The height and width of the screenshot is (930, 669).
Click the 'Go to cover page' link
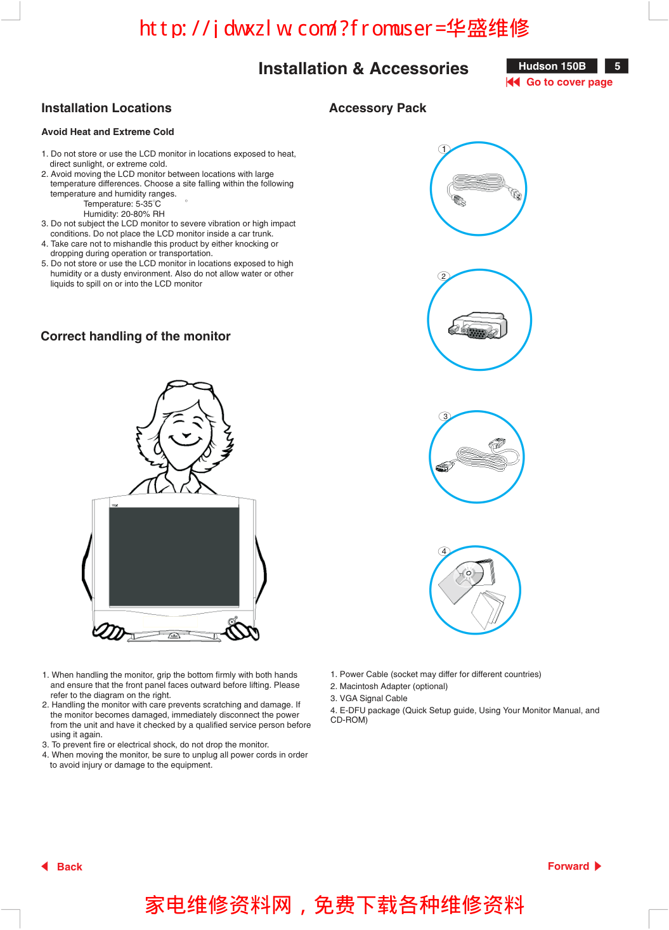pyautogui.click(x=569, y=82)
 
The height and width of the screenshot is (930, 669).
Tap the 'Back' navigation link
pyautogui.click(x=69, y=867)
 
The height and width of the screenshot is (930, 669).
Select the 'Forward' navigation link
pyautogui.click(x=568, y=866)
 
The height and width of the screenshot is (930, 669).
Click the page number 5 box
pyautogui.click(x=616, y=67)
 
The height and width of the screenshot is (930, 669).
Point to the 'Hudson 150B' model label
pyautogui.click(x=552, y=67)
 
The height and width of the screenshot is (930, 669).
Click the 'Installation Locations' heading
pyautogui.click(x=107, y=108)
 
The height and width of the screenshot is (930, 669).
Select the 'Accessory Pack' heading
pyautogui.click(x=377, y=108)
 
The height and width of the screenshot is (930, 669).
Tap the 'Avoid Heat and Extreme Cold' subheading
pyautogui.click(x=108, y=132)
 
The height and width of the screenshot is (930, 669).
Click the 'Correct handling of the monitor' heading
pyautogui.click(x=136, y=337)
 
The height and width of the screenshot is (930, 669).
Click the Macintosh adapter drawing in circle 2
pyautogui.click(x=479, y=325)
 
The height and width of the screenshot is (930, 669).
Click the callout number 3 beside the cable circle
pyautogui.click(x=445, y=417)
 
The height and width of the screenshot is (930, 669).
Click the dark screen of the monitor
pyautogui.click(x=174, y=556)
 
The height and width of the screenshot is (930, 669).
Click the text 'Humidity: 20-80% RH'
pyautogui.click(x=124, y=214)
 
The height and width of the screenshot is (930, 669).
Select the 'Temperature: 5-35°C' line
pyautogui.click(x=122, y=204)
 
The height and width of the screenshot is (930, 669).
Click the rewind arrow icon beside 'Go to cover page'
pyautogui.click(x=513, y=82)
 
